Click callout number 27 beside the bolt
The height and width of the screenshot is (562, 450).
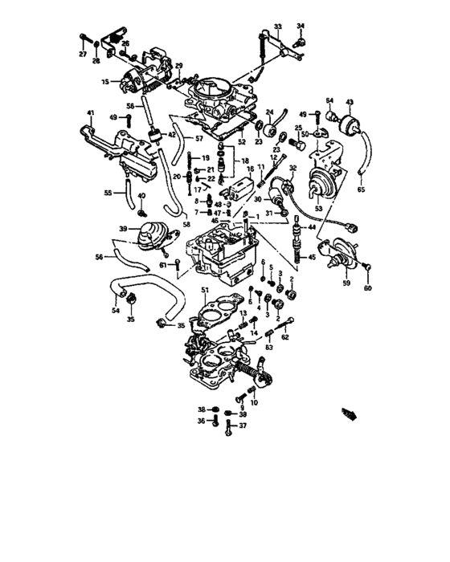pyautogui.click(x=82, y=54)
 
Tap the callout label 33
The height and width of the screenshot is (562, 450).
pyautogui.click(x=278, y=26)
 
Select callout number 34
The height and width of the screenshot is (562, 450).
pyautogui.click(x=301, y=26)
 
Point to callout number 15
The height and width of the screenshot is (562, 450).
pyautogui.click(x=105, y=82)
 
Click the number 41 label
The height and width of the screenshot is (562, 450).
pyautogui.click(x=91, y=112)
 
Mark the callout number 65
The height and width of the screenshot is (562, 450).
pyautogui.click(x=361, y=189)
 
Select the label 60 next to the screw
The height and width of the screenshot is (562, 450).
pyautogui.click(x=369, y=288)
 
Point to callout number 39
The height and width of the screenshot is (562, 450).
pyautogui.click(x=124, y=229)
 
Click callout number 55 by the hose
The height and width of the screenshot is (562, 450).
pyautogui.click(x=108, y=193)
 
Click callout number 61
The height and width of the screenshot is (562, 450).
pyautogui.click(x=162, y=264)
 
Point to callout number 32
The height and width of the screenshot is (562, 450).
pyautogui.click(x=293, y=168)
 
